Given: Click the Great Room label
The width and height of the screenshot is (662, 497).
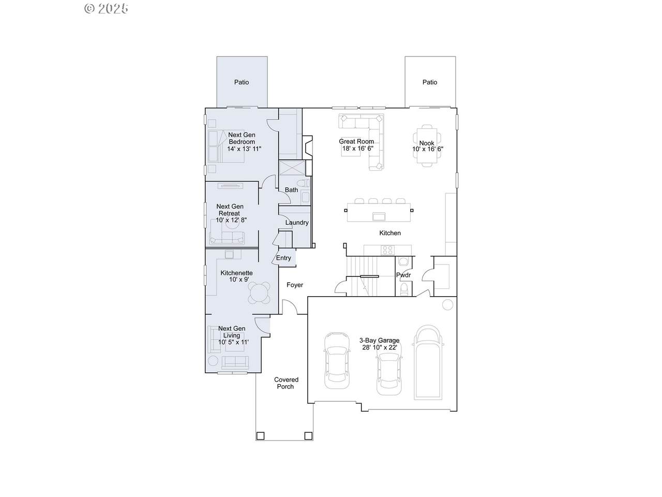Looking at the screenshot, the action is (356, 141).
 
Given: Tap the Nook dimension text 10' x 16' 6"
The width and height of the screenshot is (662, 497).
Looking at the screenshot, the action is (428, 149).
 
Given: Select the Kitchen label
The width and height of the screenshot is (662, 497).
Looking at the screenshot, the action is (390, 233).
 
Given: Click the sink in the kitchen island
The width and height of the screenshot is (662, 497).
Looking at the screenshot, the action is (379, 216).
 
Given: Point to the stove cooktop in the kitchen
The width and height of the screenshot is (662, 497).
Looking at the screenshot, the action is (387, 250).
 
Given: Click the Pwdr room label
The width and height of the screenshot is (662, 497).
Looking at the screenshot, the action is (403, 275).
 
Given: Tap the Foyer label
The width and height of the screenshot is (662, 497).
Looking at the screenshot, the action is (295, 285).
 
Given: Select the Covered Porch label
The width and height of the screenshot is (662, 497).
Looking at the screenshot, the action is (286, 383).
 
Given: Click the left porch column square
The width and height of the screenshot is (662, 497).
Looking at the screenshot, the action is (260, 436).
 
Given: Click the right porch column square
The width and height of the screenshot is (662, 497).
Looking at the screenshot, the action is (308, 436).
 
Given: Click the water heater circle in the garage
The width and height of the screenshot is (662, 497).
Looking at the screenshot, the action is (447, 304).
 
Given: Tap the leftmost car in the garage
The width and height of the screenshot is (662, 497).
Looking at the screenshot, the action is (337, 361).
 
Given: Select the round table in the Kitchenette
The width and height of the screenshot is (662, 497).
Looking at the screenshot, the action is (259, 293).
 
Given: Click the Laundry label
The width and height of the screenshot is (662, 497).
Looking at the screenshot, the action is (297, 223).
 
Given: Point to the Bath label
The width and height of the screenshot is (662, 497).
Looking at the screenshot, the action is (291, 190).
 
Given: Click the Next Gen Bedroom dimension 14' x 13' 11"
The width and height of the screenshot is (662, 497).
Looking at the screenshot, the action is (244, 149).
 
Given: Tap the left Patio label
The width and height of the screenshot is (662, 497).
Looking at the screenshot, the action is (242, 82).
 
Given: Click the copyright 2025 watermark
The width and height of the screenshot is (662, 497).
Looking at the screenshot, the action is (106, 8).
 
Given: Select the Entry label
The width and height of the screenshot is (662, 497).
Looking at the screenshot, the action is (283, 258).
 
